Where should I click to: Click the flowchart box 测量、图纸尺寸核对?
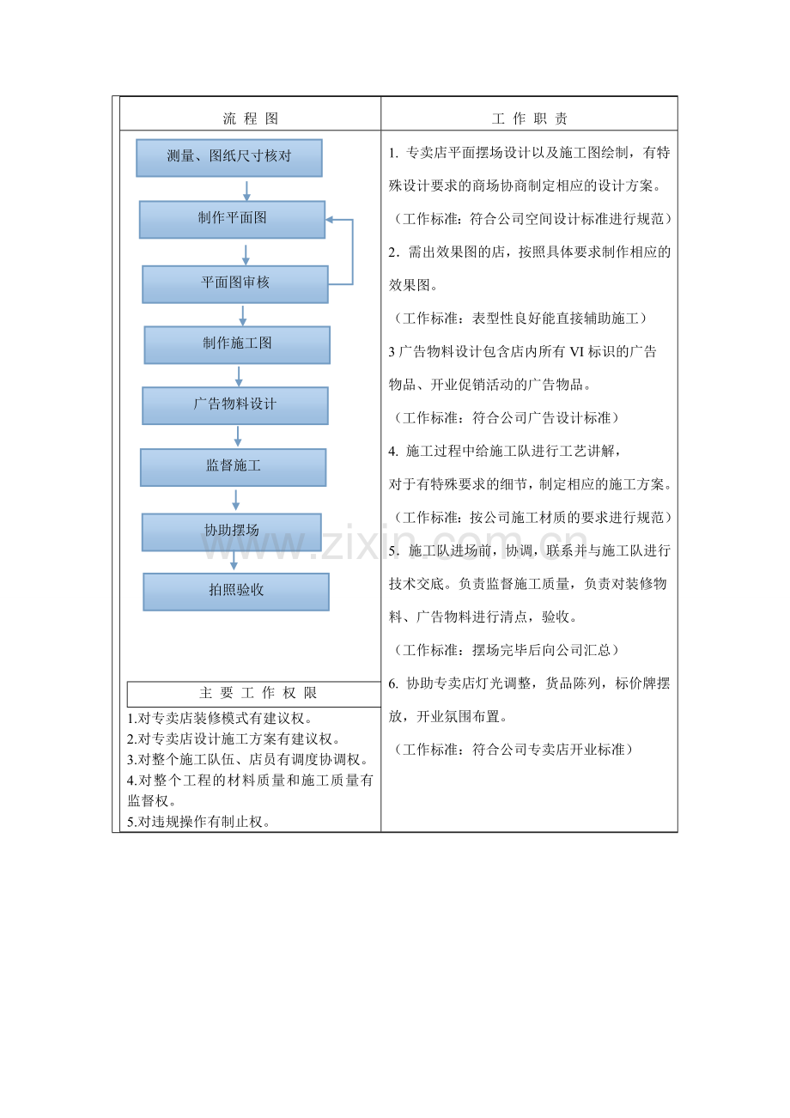coord(229,158)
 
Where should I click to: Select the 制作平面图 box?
coord(232,220)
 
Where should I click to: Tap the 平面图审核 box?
coord(235,284)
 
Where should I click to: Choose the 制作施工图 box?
coord(237,345)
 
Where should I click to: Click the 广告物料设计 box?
coord(235,406)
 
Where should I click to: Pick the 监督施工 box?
coord(233,468)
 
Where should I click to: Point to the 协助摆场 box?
coord(232,532)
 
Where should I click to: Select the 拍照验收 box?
coord(236,592)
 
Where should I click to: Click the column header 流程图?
coord(251,118)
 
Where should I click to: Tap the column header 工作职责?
coord(530,118)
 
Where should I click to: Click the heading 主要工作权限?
coord(258,693)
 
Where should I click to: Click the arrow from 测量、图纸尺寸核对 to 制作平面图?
coord(246,191)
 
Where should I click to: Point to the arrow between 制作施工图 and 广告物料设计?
coord(239,376)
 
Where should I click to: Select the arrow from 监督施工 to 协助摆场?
coord(236,500)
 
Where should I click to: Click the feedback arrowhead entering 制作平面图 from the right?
coord(330,220)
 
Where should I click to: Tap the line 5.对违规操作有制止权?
coord(198,822)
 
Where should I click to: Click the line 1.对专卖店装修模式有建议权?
coord(220,719)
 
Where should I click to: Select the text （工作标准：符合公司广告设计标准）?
coord(506,418)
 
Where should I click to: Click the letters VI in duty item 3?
coord(576,352)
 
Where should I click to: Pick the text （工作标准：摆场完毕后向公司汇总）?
coord(506,650)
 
